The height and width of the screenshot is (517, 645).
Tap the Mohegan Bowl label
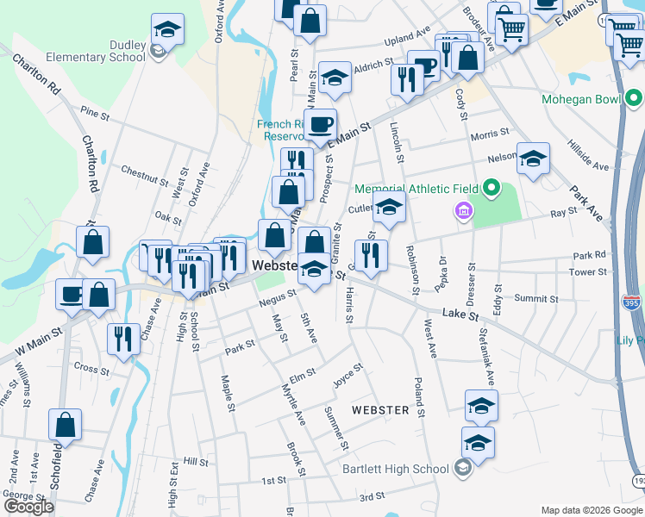tap(580, 99)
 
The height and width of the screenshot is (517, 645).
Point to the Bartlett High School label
tap(395, 469)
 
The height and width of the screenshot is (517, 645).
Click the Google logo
tap(28, 507)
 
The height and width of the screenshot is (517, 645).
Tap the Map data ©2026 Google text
tap(591, 510)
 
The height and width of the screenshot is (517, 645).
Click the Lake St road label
tap(461, 315)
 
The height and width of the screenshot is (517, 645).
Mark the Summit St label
tap(536, 299)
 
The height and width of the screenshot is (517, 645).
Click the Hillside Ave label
tap(587, 154)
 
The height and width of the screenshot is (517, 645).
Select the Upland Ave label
tap(407, 36)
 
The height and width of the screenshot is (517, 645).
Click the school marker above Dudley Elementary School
tap(167, 28)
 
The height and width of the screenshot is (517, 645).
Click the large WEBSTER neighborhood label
tap(380, 410)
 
